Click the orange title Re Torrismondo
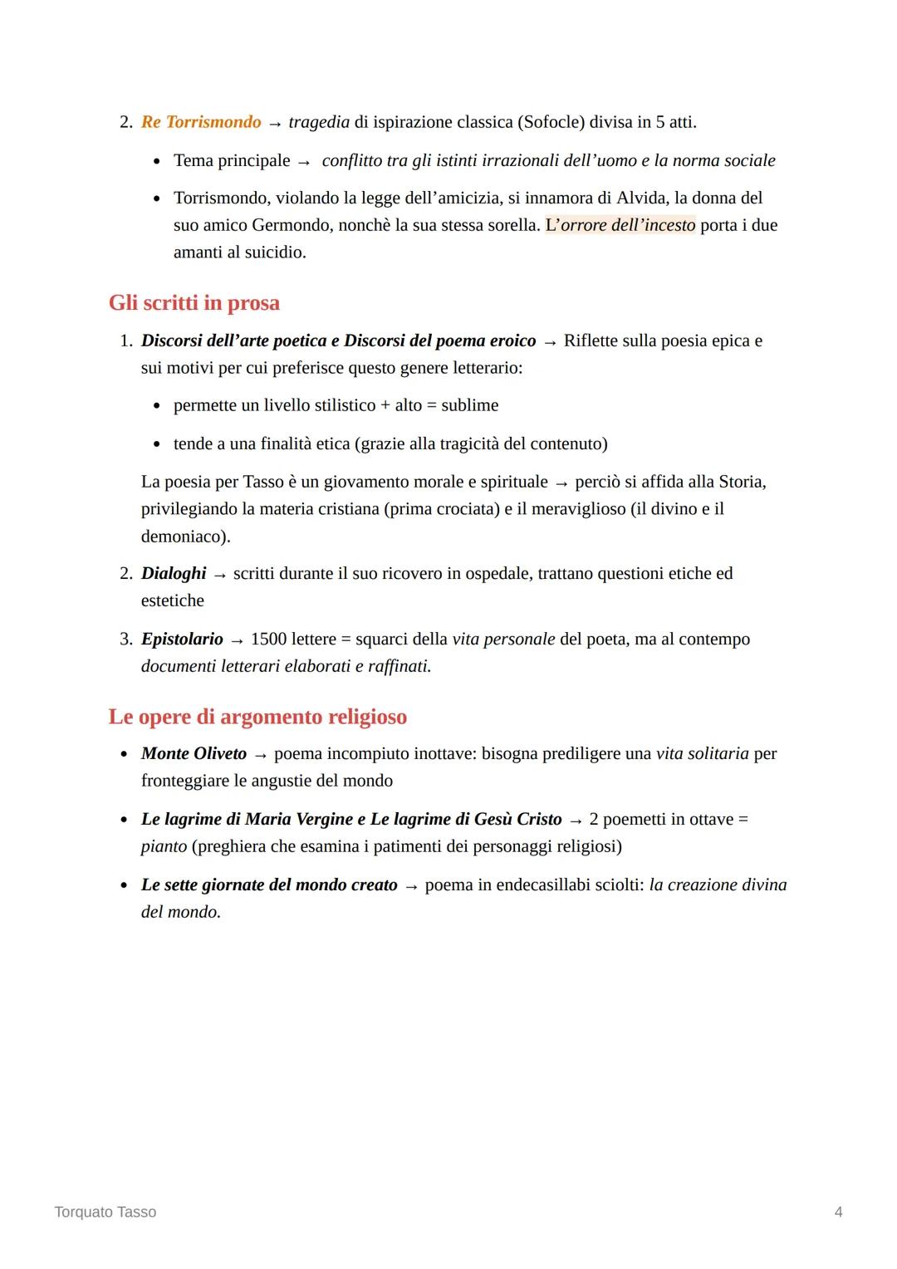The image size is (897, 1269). (x=201, y=122)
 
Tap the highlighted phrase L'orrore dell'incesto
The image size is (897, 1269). (x=620, y=225)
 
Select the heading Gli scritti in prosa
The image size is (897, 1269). (x=194, y=302)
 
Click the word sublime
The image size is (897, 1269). (x=470, y=405)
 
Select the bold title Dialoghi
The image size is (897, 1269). (x=174, y=573)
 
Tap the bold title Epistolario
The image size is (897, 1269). (x=182, y=639)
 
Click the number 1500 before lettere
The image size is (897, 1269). (x=268, y=639)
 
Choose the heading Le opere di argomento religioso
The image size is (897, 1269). (x=257, y=716)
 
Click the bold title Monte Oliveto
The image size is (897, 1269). (x=194, y=753)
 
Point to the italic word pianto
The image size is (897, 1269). (x=164, y=846)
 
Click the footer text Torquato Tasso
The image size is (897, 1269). (x=105, y=1212)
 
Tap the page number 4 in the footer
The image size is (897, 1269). (x=838, y=1212)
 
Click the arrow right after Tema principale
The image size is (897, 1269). (x=304, y=161)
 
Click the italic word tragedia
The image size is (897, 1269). (x=319, y=122)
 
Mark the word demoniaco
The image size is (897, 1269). (x=183, y=536)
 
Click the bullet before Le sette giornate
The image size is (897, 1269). (x=124, y=885)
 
